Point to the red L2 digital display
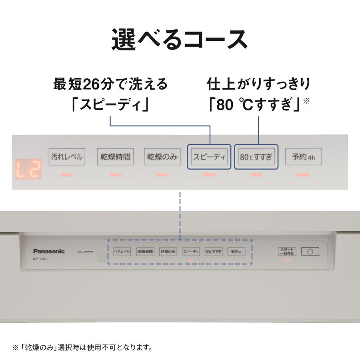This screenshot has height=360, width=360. pyautogui.click(x=28, y=169)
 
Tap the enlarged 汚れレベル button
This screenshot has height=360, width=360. pyautogui.click(x=67, y=157)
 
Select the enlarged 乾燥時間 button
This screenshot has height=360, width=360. pyautogui.click(x=115, y=157)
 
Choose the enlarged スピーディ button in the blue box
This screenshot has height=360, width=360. pyautogui.click(x=209, y=157)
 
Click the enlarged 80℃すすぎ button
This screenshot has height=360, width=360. pyautogui.click(x=256, y=157)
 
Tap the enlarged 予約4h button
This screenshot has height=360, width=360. pyautogui.click(x=303, y=157)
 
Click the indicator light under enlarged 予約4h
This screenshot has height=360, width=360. pyautogui.click(x=303, y=175)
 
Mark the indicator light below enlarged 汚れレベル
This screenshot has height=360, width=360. pyautogui.click(x=67, y=175)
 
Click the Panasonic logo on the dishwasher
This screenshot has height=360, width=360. pyautogui.click(x=48, y=251)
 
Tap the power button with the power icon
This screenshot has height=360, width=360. pyautogui.click(x=310, y=252)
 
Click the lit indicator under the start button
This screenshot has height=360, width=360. pyautogui.click(x=287, y=260)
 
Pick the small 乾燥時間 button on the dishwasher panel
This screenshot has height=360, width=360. pyautogui.click(x=145, y=252)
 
